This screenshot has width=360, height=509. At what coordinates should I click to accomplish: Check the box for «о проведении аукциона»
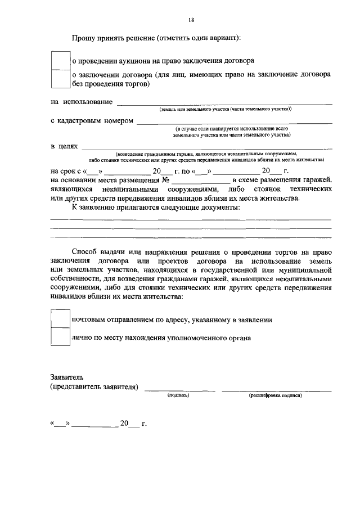(x=60, y=60)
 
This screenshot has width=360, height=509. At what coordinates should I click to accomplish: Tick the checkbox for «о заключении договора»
(x=60, y=79)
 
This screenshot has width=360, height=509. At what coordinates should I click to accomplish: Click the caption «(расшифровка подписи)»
(x=276, y=396)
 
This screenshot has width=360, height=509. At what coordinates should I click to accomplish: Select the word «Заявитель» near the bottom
(x=66, y=377)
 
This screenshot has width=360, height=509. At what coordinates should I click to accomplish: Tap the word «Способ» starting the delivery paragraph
(x=85, y=252)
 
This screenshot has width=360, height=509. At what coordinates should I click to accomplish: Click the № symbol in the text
(x=166, y=180)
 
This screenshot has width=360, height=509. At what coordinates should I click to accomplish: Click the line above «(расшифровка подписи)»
(x=276, y=390)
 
